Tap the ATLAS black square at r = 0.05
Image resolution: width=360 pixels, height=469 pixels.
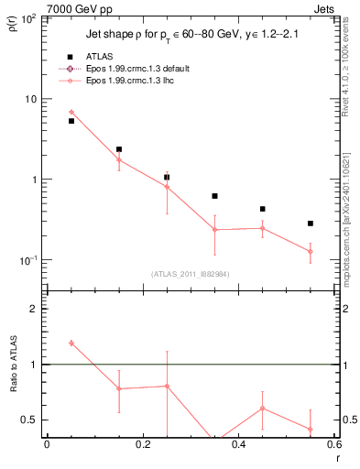(x=71, y=121)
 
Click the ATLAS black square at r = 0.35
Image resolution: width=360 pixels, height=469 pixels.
(x=214, y=196)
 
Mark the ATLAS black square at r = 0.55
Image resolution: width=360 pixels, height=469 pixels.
(x=311, y=224)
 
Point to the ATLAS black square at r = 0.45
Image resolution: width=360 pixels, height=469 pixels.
(x=263, y=209)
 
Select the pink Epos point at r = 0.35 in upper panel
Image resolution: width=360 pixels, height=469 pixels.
(x=214, y=229)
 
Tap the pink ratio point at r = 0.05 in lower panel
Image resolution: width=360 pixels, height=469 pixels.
(x=71, y=343)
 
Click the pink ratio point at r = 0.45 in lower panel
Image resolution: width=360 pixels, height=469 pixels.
(x=263, y=408)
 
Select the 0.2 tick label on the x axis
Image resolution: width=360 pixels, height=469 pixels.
(x=142, y=444)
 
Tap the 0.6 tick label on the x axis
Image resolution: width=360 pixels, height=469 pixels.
(x=333, y=444)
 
